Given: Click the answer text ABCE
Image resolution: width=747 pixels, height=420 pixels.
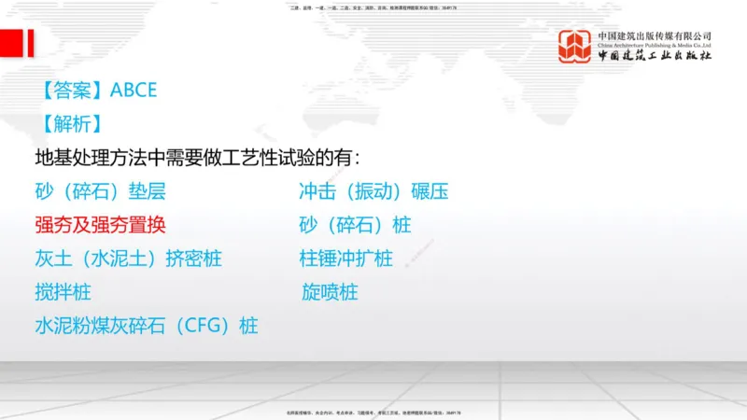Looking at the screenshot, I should (x=134, y=91).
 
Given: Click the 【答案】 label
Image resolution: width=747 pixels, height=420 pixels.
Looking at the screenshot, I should (x=73, y=91).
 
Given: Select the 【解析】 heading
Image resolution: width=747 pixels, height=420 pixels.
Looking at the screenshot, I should (x=73, y=124).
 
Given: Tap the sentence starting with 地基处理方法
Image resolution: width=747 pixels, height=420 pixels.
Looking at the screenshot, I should (x=196, y=157).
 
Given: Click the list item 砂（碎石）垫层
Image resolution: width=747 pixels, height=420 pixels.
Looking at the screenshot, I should (x=100, y=192).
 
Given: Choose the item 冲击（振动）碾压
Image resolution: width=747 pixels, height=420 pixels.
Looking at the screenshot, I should (x=373, y=192).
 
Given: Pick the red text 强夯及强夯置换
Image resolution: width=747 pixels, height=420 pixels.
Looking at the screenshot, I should (x=102, y=225).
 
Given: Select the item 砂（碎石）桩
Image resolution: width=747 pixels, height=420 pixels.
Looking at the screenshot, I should (x=355, y=225).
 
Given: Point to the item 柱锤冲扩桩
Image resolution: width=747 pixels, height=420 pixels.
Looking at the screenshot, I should (x=345, y=259).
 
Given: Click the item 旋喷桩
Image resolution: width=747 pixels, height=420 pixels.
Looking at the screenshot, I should (x=330, y=292).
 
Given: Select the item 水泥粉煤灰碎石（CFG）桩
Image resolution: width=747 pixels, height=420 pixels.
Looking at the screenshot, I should (x=147, y=326).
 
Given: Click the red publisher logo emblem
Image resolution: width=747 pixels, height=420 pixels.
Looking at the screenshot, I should (x=574, y=46).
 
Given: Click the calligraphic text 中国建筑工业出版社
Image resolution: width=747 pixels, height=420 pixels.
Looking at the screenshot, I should (x=655, y=56).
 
